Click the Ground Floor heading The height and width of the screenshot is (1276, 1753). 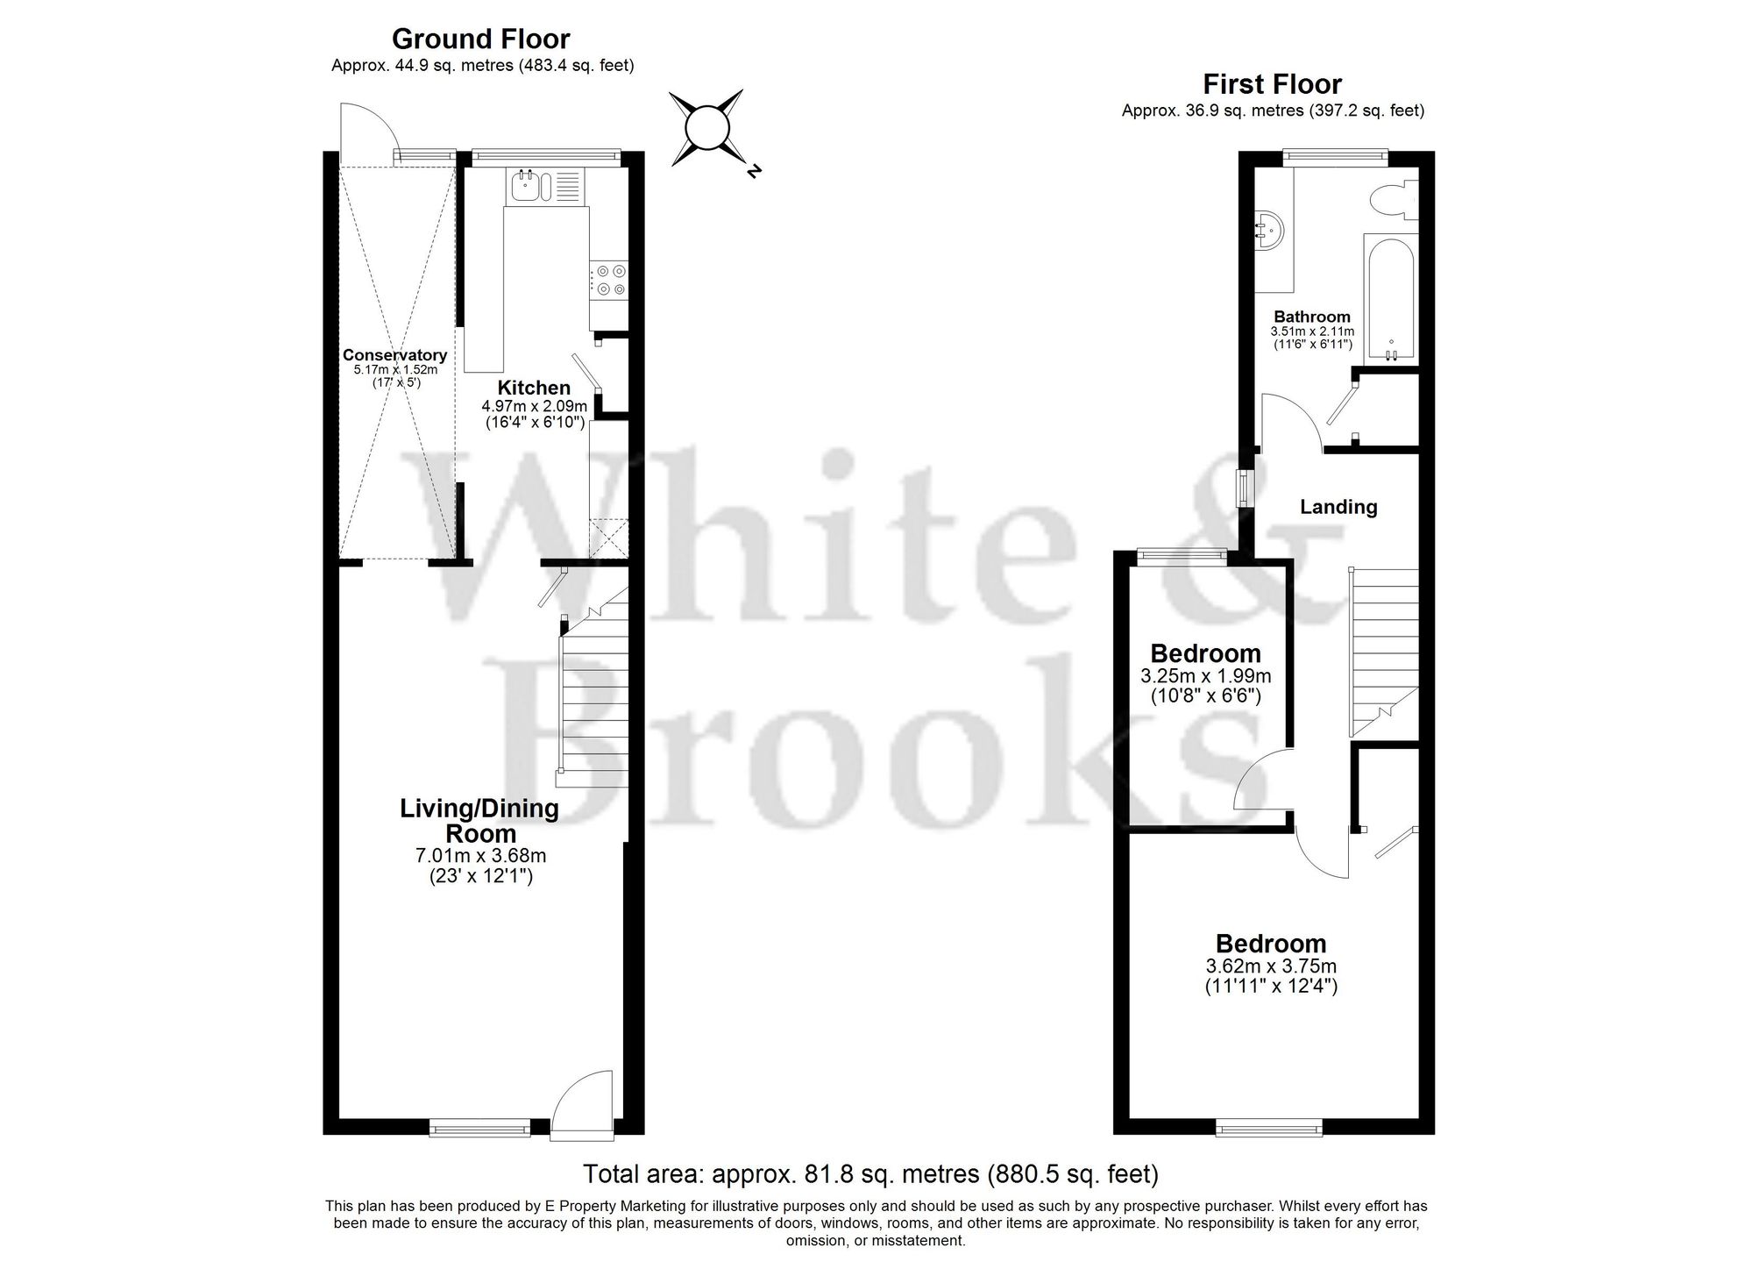click(x=480, y=39)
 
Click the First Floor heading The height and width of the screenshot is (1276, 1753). click(x=1272, y=85)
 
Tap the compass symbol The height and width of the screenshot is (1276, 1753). click(x=707, y=129)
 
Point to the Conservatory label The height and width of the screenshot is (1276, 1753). click(x=394, y=355)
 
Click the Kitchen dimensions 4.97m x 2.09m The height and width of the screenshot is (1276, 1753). click(x=534, y=406)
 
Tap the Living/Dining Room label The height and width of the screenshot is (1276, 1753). click(x=479, y=820)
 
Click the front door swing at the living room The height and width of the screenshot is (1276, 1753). click(x=584, y=1101)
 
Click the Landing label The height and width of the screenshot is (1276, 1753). click(x=1338, y=507)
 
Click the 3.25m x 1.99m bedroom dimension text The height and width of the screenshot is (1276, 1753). click(x=1205, y=676)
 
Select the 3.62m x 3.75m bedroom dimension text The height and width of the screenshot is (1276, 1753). click(x=1271, y=966)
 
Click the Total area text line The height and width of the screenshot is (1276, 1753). click(x=870, y=1173)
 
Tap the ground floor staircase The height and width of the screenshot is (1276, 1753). click(x=594, y=693)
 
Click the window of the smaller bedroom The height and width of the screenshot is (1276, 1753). click(x=1182, y=553)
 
